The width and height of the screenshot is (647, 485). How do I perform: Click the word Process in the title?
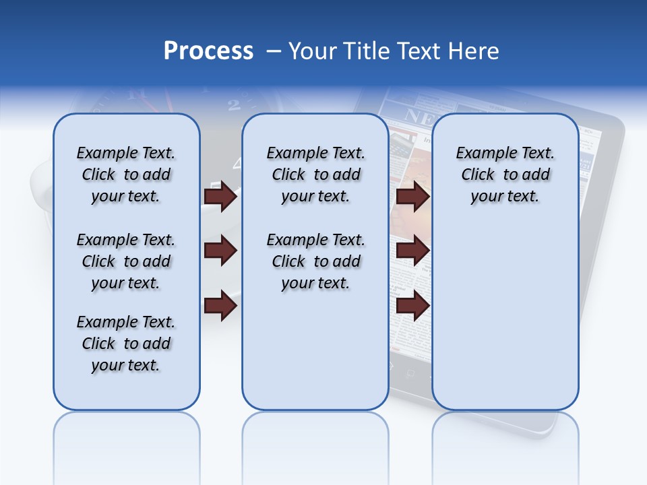208,51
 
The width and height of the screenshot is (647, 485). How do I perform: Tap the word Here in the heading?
474,51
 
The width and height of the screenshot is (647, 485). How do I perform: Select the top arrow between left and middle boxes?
220,196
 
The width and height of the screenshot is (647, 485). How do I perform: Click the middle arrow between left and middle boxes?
220,251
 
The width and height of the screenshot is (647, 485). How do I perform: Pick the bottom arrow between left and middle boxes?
220,306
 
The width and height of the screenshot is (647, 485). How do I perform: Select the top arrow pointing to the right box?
412,196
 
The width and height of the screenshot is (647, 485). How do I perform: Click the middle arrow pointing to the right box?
412,251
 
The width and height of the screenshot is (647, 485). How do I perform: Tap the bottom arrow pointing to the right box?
412,306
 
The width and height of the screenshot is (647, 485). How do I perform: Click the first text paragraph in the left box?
126,174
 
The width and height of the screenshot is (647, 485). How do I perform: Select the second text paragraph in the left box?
126,261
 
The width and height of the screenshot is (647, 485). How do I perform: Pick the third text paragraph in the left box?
126,344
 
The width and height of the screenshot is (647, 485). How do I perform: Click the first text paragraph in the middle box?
315,174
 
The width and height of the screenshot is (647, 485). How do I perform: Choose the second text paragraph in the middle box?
315,261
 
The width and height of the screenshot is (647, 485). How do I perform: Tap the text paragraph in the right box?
505,174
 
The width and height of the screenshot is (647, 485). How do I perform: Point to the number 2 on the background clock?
234,105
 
